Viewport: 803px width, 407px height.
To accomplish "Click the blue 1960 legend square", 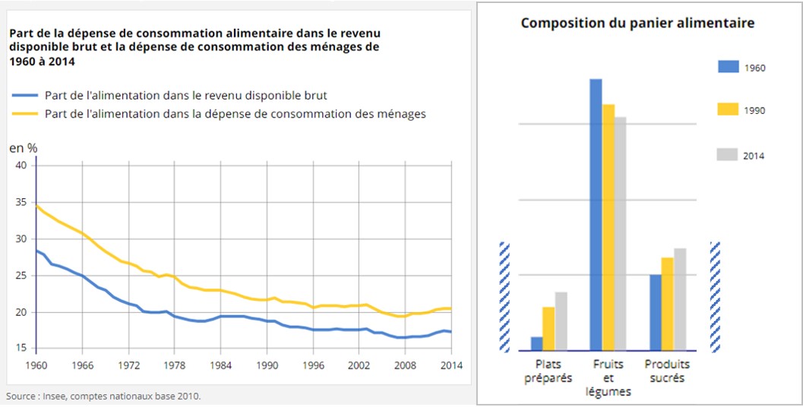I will tap(728, 67).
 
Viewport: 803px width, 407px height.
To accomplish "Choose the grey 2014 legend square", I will tap(728, 155).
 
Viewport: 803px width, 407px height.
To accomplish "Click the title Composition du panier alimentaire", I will tap(637, 24).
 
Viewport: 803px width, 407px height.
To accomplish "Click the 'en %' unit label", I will tap(23, 148).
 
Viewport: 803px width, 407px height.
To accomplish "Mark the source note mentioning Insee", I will tap(104, 396).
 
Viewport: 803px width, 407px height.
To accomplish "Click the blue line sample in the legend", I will tap(25, 96).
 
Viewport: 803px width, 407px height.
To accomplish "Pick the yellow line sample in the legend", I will tap(25, 114).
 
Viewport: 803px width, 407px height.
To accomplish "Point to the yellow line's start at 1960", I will tap(36, 206).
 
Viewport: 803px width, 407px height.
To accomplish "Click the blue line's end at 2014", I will tap(451, 332).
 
